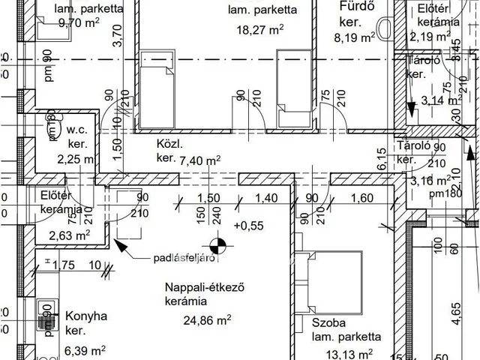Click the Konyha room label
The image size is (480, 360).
point(86,316)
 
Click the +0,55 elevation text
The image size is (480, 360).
point(248,225)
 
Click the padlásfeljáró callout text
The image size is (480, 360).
point(180,258)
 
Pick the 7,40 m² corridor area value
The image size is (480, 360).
point(203,160)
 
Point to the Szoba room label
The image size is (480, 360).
point(328,323)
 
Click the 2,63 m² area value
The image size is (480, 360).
point(70,235)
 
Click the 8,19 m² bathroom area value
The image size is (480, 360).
point(355,35)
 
